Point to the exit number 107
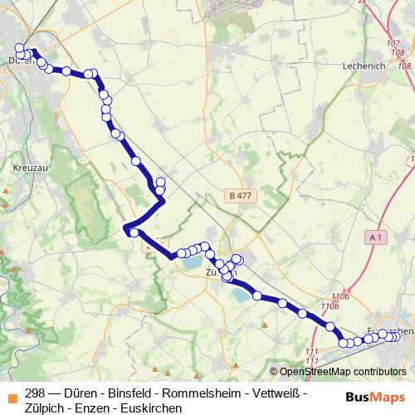click(x=393, y=42)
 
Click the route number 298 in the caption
click(x=36, y=392)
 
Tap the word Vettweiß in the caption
click(x=276, y=392)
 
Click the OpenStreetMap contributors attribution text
click(x=343, y=372)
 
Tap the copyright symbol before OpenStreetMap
click(x=274, y=372)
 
